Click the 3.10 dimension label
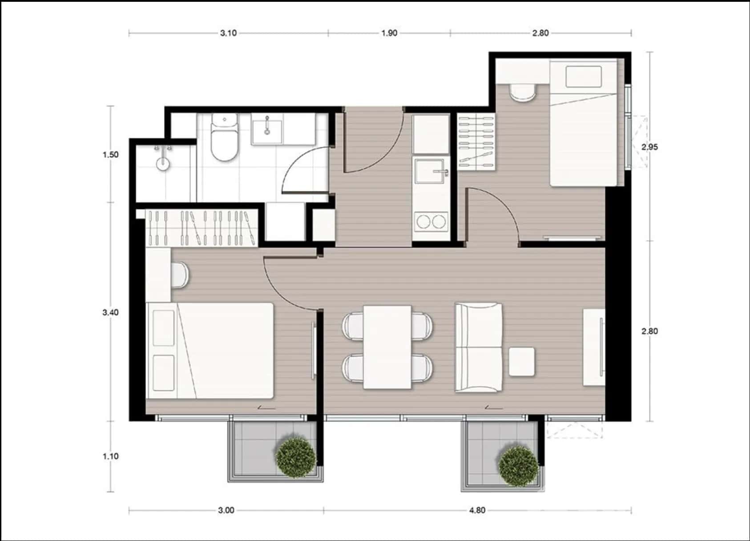tap(228, 33)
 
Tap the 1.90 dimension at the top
tap(389, 33)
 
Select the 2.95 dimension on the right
tap(649, 147)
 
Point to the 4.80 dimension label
tap(477, 510)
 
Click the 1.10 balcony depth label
tap(110, 456)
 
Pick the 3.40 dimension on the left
tap(110, 312)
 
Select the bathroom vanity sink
tap(267, 129)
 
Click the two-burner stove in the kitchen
tap(430, 221)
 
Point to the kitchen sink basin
tap(430, 171)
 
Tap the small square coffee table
tap(521, 362)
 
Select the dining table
tap(387, 347)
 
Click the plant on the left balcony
tap(296, 457)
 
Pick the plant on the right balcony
tap(518, 466)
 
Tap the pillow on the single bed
tap(584, 77)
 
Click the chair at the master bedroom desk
tap(180, 275)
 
